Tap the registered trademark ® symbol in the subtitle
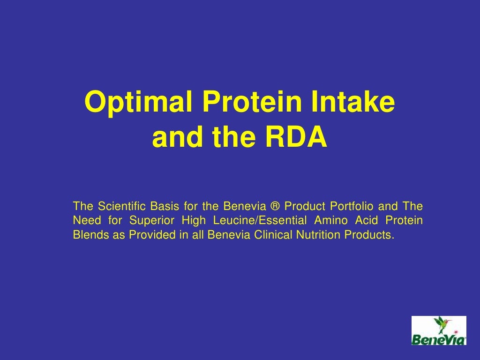pyautogui.click(x=275, y=206)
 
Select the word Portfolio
pyautogui.click(x=351, y=206)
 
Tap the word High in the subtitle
pyautogui.click(x=194, y=220)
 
